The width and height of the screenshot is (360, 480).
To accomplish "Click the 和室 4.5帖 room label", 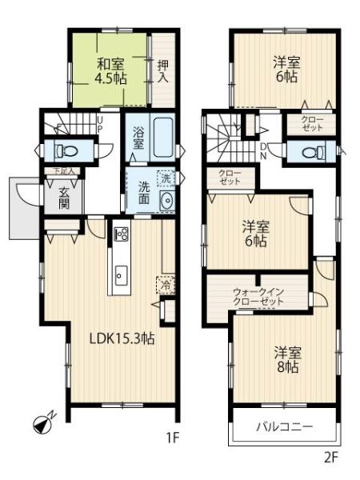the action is [111, 72].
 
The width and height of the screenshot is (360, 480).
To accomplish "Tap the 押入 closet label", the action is [163, 71].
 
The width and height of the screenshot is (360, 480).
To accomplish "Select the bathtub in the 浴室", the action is [164, 138].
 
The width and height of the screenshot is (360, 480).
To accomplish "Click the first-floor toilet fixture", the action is [66, 150].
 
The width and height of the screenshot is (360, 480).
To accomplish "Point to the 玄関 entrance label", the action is [64, 198].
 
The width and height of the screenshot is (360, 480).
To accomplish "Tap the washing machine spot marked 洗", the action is [166, 178].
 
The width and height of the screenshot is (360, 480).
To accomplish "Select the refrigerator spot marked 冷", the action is [166, 286].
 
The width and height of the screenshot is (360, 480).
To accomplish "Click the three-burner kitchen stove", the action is [122, 234].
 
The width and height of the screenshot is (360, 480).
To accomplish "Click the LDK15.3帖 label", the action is [122, 338].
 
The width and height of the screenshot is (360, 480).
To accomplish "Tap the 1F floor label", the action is [172, 438].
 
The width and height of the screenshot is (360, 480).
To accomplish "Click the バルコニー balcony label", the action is [284, 426].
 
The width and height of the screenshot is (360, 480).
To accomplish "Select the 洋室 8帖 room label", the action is [288, 359].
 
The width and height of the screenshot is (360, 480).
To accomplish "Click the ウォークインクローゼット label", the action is [258, 297].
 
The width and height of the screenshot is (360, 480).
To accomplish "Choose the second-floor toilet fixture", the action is [313, 152].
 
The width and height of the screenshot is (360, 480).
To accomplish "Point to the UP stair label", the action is [100, 124].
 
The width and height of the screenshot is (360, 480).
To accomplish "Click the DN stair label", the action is [263, 151].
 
